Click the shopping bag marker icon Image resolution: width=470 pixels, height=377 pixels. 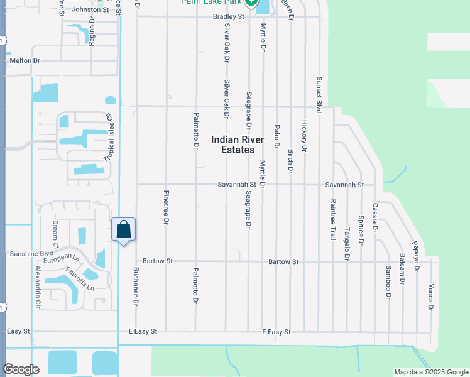(x=124, y=229)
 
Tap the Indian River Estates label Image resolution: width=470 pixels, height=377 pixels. (x=238, y=145)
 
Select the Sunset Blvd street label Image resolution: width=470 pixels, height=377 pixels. (x=319, y=95)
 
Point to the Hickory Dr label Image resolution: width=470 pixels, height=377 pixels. (x=305, y=136)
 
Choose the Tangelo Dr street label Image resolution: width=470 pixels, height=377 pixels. (x=346, y=244)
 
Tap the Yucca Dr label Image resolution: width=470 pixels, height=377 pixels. (x=430, y=298)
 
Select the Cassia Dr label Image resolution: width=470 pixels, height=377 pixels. (x=374, y=217)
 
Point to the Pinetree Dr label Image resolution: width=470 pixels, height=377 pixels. (x=166, y=207)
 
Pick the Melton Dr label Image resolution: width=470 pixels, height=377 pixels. (x=25, y=60)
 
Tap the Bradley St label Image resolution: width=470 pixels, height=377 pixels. (x=228, y=16)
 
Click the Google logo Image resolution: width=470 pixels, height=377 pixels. (x=21, y=369)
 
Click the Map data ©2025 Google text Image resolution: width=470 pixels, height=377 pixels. (x=430, y=372)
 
